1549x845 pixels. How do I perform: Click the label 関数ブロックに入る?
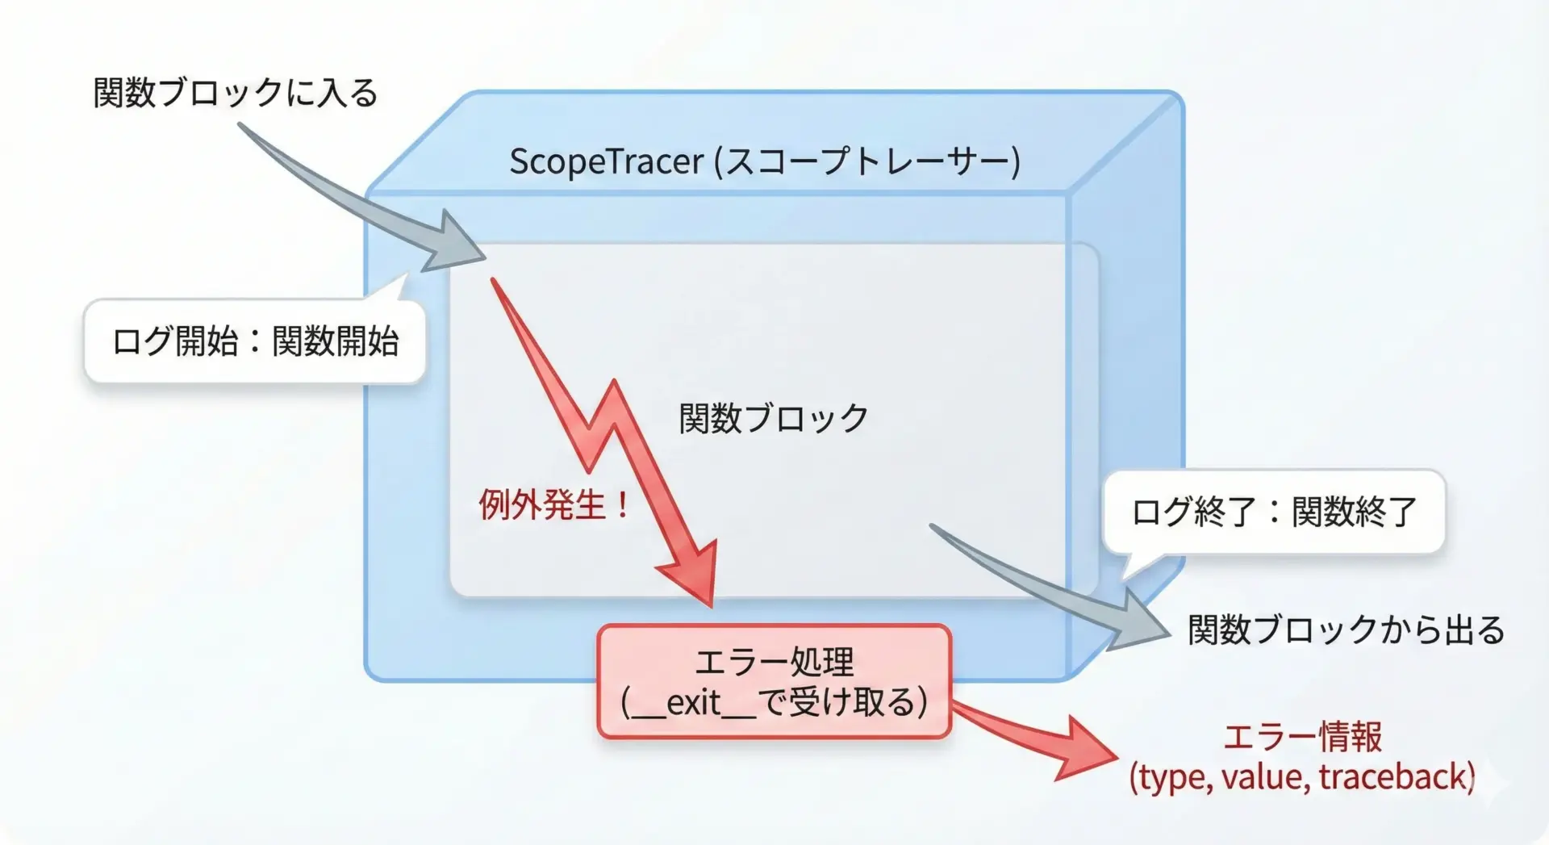pos(235,93)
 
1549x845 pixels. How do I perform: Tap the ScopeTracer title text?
pos(765,161)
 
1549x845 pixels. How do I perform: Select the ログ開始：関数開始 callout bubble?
pos(255,341)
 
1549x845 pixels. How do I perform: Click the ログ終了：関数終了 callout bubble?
pos(1274,512)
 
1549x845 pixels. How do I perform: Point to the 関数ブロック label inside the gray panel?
pos(773,418)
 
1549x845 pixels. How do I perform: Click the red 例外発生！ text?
pos(554,505)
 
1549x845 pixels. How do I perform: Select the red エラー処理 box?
pos(774,681)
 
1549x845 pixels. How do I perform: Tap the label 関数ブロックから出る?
pos(1346,630)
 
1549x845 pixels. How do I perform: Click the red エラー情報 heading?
pos(1302,737)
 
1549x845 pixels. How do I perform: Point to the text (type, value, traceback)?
pos(1302,776)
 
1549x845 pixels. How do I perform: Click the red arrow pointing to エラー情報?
pos(1037,741)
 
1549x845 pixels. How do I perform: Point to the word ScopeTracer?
pos(607,162)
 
